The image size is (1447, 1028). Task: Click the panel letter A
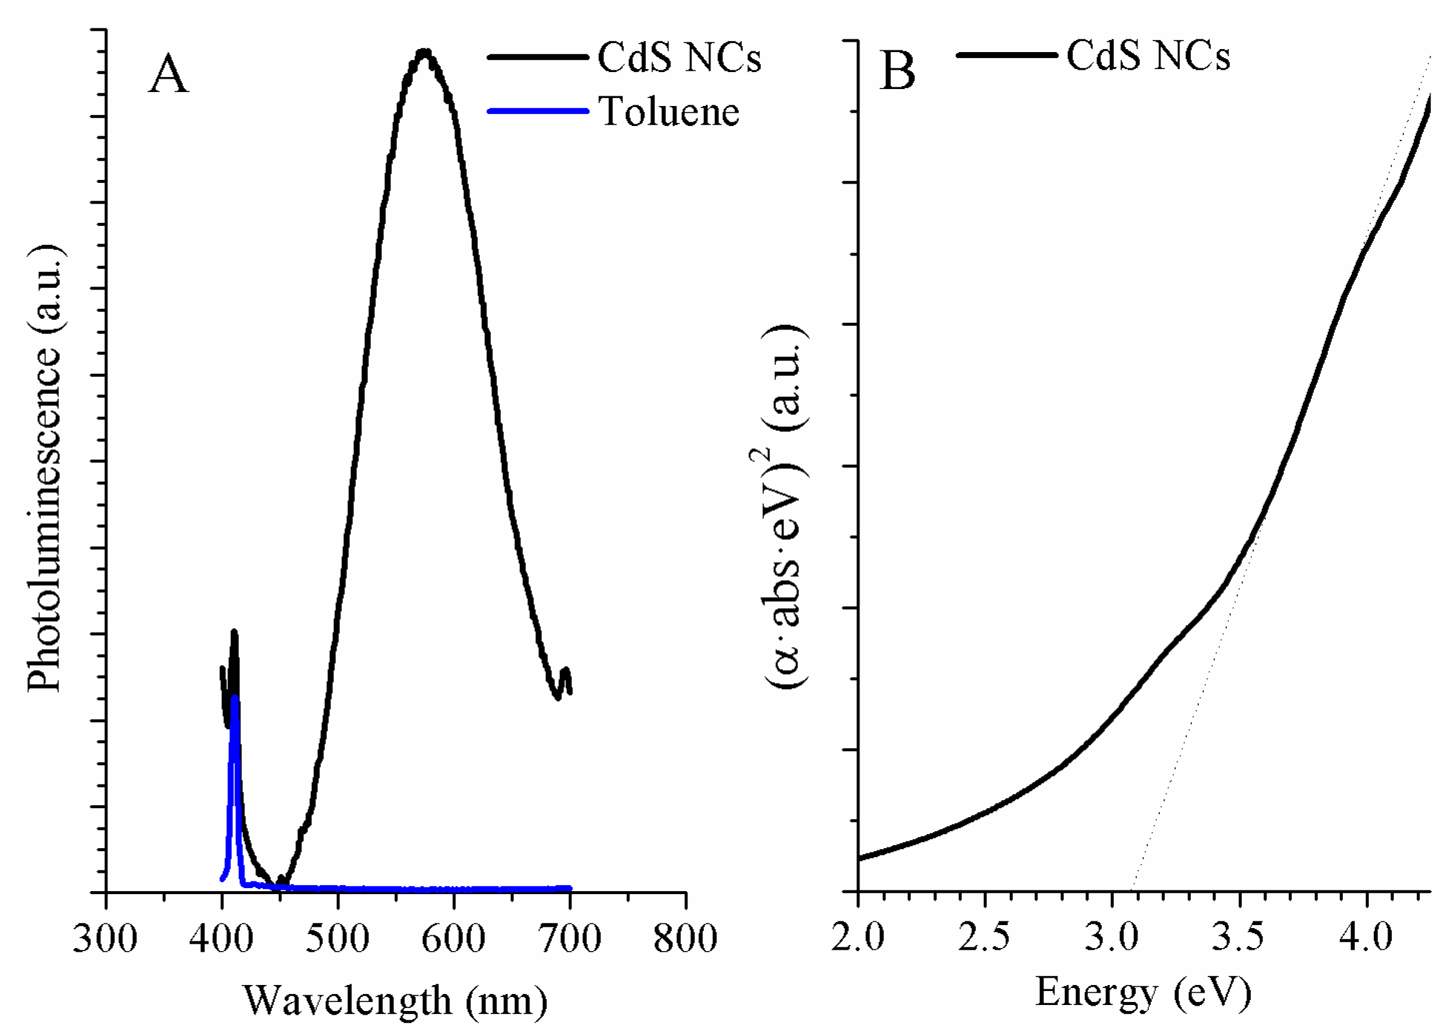click(x=168, y=75)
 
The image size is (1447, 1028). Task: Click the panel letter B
click(x=898, y=71)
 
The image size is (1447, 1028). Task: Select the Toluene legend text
click(x=669, y=112)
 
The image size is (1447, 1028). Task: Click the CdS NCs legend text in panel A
click(x=679, y=58)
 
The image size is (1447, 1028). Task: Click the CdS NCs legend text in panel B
click(x=1148, y=56)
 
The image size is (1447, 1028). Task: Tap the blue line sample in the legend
click(x=538, y=111)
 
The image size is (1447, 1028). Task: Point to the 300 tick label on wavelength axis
click(x=105, y=939)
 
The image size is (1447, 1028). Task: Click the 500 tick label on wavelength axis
click(x=337, y=939)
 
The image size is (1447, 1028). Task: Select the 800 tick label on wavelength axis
click(x=685, y=939)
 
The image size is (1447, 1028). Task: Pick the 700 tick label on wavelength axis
click(x=569, y=939)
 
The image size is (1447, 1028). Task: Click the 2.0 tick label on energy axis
click(x=858, y=936)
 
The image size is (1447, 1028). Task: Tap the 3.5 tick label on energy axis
click(x=1238, y=936)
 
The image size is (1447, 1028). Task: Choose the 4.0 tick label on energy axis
click(x=1366, y=936)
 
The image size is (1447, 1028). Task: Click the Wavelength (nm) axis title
click(x=396, y=1001)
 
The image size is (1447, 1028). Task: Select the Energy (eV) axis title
click(x=1143, y=992)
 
